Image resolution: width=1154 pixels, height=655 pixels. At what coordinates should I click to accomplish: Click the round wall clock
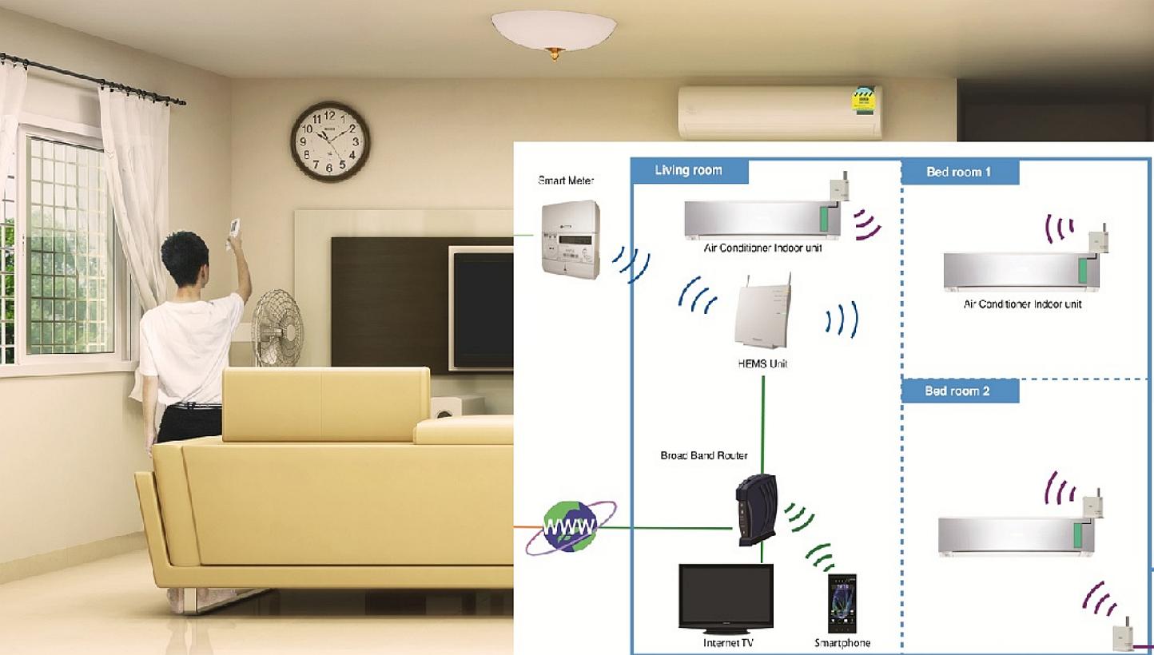[330, 141]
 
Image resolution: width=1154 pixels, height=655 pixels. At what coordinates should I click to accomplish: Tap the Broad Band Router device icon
[756, 510]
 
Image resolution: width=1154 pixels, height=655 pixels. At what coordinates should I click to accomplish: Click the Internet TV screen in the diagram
[726, 599]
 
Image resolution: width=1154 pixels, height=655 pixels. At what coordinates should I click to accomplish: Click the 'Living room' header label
[688, 170]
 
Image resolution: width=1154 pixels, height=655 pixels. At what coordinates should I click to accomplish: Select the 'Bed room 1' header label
[959, 172]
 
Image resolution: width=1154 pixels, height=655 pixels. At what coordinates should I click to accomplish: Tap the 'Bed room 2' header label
[958, 391]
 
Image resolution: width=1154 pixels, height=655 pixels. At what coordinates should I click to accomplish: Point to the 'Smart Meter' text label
[566, 181]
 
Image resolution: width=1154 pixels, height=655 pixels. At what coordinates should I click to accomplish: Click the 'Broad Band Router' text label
[704, 456]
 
